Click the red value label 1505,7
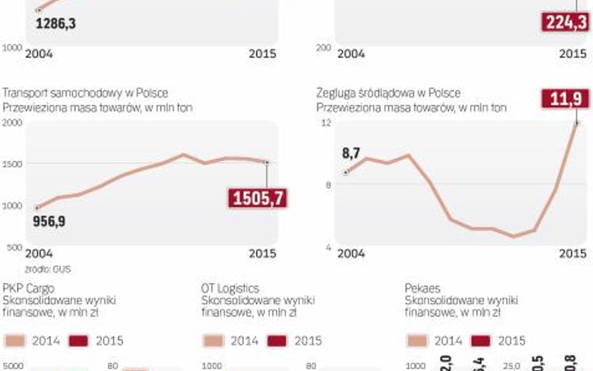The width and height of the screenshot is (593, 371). tap(258, 198)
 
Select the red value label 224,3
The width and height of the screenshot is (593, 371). tap(565, 23)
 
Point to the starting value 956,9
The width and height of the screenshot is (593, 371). tap(49, 221)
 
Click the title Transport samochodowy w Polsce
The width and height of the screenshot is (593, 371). tap(85, 93)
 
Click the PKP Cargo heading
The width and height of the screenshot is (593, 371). tap(28, 288)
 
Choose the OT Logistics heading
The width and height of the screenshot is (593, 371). tap(230, 288)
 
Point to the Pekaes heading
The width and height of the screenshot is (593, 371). tap(422, 288)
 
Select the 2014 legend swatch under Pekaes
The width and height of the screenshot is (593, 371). tap(417, 341)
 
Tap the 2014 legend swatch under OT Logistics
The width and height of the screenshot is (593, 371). tap(213, 341)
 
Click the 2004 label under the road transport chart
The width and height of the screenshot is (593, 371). tap(39, 253)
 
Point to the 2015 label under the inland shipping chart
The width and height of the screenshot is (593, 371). tap(572, 253)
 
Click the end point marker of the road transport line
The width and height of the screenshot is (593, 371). tap(267, 163)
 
